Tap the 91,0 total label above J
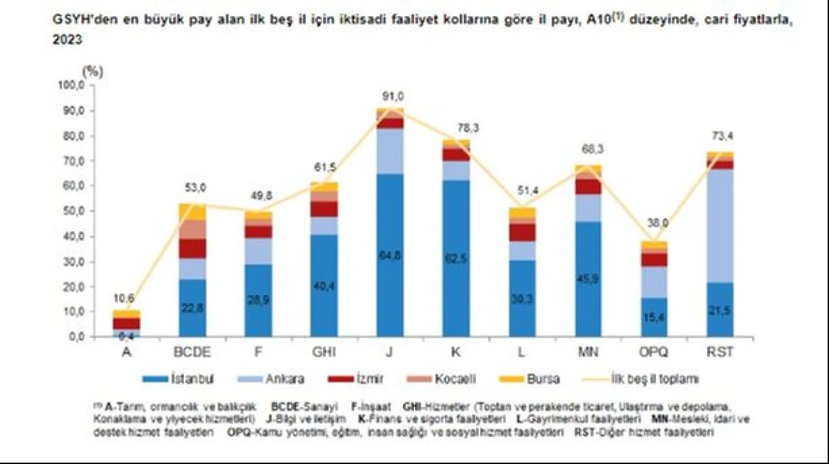click(392, 97)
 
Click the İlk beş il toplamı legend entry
click(654, 378)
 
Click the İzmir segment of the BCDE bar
click(193, 248)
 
